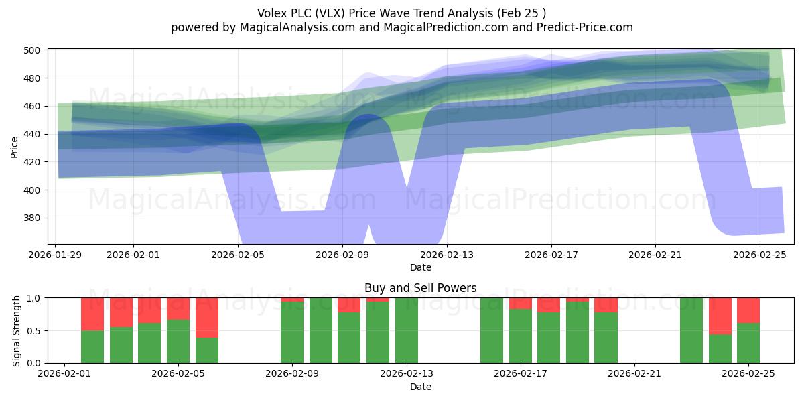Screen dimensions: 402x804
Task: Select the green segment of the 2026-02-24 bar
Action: (x=720, y=348)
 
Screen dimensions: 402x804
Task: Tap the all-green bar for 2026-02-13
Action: (x=407, y=330)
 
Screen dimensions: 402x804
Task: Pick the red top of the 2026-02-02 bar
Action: (x=92, y=314)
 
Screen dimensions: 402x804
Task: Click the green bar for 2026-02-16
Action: (x=492, y=330)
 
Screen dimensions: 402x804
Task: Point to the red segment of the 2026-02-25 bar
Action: (x=748, y=310)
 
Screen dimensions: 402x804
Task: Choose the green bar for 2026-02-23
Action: (x=691, y=330)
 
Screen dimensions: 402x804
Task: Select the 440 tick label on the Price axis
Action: (x=35, y=135)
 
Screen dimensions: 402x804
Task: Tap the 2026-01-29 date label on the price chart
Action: (x=56, y=255)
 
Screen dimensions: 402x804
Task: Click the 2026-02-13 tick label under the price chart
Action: (x=447, y=255)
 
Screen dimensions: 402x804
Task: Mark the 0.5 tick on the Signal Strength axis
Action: (x=35, y=331)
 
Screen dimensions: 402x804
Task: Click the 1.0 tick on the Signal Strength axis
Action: (x=35, y=298)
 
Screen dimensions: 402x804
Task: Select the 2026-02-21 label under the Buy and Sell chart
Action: (x=634, y=373)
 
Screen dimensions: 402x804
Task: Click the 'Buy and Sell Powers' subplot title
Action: (x=420, y=288)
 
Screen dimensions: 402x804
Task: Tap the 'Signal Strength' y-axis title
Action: (x=17, y=330)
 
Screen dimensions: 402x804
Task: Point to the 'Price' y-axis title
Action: (x=15, y=147)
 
